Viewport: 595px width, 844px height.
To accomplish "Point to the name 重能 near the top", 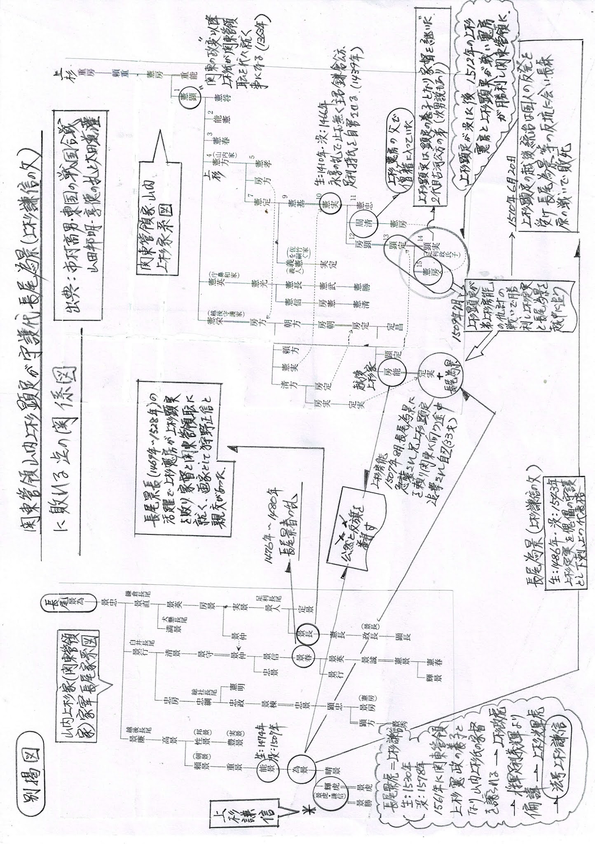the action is (x=186, y=77).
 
